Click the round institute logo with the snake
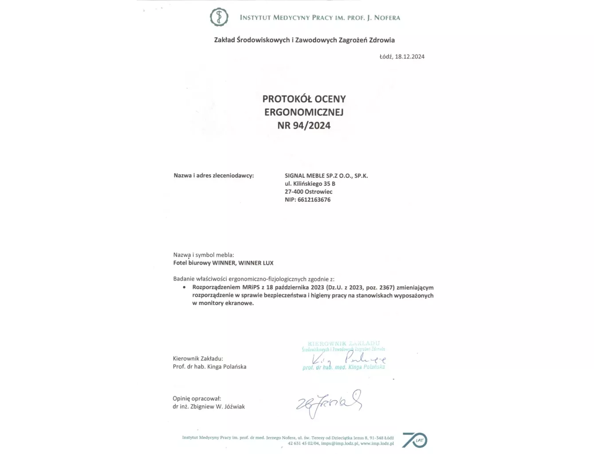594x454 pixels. (219, 17)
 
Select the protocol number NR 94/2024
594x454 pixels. (304, 125)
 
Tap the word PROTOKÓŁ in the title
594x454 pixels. (285, 99)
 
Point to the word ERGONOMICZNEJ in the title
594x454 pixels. (304, 112)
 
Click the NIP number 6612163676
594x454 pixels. (314, 200)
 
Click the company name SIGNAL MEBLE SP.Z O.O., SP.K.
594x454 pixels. (326, 176)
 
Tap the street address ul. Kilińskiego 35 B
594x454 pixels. (310, 184)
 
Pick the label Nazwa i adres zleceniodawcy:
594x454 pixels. (213, 176)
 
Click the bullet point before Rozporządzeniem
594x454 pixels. (184, 287)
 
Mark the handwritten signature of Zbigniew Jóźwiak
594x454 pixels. (329, 403)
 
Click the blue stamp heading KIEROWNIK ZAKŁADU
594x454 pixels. (343, 344)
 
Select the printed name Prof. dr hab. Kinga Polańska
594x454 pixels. (209, 367)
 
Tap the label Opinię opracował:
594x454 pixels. (197, 399)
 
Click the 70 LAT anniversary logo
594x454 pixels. (414, 440)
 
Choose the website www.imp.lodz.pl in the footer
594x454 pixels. (377, 443)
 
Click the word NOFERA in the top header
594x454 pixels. (387, 18)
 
